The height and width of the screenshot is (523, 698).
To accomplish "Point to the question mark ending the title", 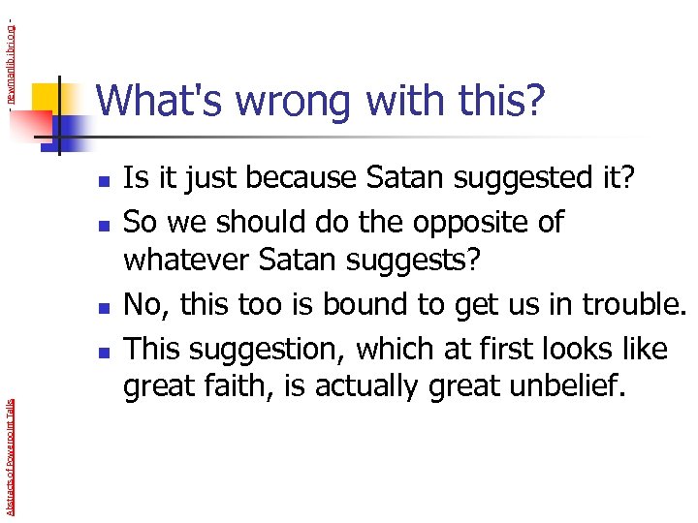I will (x=532, y=102).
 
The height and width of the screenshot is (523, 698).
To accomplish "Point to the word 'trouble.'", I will (x=634, y=305).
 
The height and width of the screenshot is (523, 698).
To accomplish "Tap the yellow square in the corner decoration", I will (x=46, y=96).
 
